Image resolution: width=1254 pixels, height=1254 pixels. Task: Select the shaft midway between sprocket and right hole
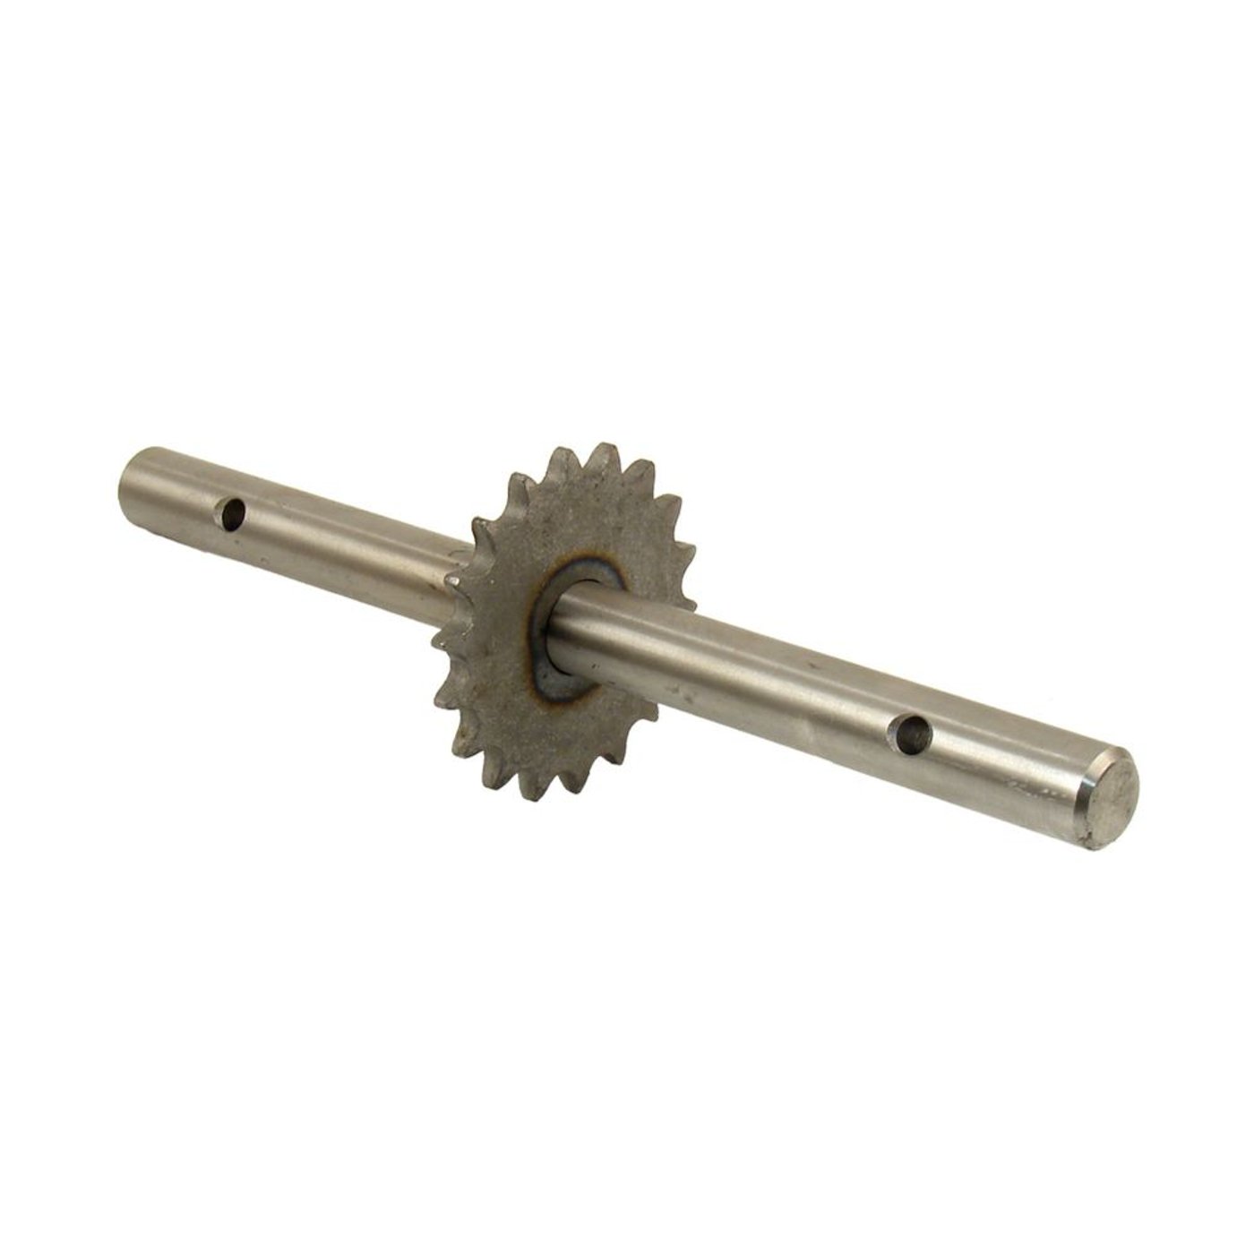[x=752, y=681]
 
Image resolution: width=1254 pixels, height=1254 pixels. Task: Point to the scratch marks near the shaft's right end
[x=1030, y=788]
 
